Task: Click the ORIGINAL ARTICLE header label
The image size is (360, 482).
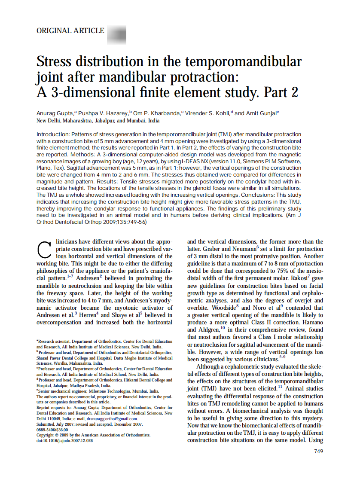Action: click(x=70, y=31)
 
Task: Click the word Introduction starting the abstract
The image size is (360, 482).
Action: click(x=53, y=134)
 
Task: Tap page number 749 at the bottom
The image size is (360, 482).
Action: click(x=318, y=451)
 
